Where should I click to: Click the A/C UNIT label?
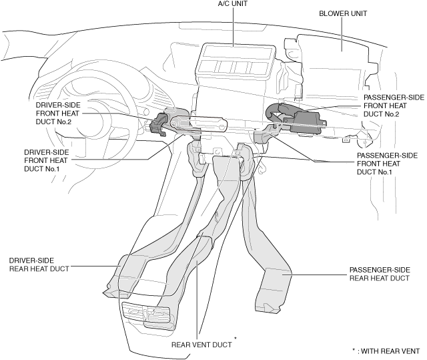(x=233, y=4)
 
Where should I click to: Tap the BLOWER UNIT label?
(x=343, y=13)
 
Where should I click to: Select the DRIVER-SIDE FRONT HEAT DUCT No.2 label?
(x=58, y=114)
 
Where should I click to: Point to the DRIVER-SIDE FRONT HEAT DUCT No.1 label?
(x=46, y=160)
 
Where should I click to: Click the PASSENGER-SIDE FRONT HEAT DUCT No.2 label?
(x=394, y=106)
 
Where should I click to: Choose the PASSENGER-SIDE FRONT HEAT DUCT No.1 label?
(x=387, y=164)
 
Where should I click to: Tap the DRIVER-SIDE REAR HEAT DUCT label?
(x=39, y=264)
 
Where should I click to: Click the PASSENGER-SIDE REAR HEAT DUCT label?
(x=380, y=274)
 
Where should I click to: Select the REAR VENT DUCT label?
(x=201, y=345)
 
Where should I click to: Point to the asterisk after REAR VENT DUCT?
(x=236, y=338)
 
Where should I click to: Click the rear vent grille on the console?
(x=147, y=315)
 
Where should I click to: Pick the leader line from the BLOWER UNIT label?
(x=342, y=34)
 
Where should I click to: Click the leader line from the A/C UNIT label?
(x=233, y=27)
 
